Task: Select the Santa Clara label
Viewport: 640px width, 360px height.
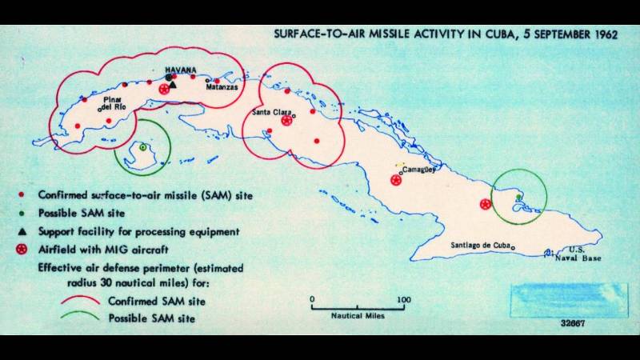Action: tap(270, 112)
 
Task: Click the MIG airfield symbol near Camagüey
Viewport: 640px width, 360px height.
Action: tap(395, 180)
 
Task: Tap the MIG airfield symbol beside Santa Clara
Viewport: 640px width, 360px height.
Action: tap(286, 121)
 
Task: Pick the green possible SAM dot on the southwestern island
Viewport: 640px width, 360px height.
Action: tap(142, 147)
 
